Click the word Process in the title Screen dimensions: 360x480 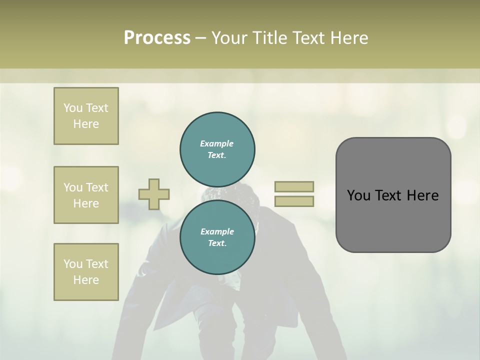click(x=157, y=38)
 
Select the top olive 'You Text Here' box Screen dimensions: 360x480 click(x=86, y=116)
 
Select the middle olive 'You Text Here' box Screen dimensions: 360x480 click(x=86, y=195)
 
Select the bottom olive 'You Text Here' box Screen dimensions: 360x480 click(x=86, y=272)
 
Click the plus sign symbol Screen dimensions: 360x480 click(x=154, y=194)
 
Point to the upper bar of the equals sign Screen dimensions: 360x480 click(x=294, y=187)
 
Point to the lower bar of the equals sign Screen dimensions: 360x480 click(x=294, y=201)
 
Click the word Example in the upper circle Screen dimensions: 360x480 click(x=217, y=143)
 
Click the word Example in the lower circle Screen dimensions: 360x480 click(x=217, y=231)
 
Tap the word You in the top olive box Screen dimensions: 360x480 click(x=72, y=108)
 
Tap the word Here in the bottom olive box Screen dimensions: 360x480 click(x=86, y=280)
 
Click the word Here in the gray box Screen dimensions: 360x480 click(x=423, y=195)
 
